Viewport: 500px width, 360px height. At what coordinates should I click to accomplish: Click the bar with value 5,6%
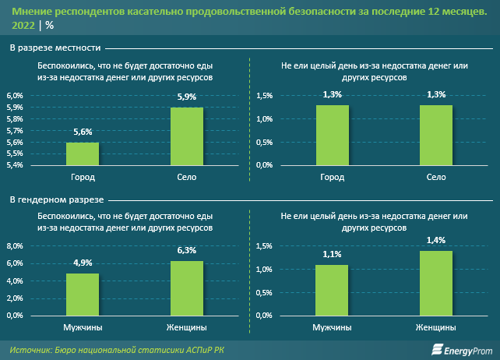pyautogui.click(x=82, y=154)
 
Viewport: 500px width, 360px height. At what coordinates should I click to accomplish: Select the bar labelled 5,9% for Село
pyautogui.click(x=186, y=136)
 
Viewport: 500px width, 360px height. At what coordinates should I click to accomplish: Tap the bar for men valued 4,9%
pyautogui.click(x=82, y=295)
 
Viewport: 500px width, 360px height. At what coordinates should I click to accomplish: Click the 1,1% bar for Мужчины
pyautogui.click(x=332, y=291)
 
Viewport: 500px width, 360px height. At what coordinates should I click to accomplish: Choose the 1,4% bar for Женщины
pyautogui.click(x=436, y=284)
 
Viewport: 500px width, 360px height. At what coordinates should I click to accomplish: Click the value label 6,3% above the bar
pyautogui.click(x=186, y=250)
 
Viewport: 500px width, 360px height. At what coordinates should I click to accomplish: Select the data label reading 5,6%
pyautogui.click(x=82, y=132)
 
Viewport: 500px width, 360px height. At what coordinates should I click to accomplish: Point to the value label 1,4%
pyautogui.click(x=436, y=240)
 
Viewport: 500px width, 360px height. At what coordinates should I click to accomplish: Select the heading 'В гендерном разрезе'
pyautogui.click(x=57, y=199)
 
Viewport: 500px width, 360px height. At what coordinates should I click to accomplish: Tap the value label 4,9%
pyautogui.click(x=82, y=263)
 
